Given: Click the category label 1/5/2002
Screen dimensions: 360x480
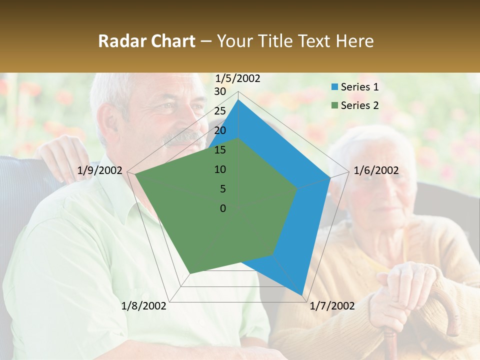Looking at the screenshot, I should click(x=238, y=78).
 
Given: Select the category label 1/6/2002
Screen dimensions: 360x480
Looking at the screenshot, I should click(x=376, y=171).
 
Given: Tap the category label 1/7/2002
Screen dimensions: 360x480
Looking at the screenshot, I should click(x=332, y=306).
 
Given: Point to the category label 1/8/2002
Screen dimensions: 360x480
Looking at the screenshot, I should click(x=144, y=306).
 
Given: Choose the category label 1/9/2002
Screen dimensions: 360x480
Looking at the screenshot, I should click(x=100, y=171).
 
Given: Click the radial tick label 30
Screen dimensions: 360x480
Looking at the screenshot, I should click(x=220, y=91).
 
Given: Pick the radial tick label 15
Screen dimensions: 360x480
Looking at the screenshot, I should click(x=220, y=150).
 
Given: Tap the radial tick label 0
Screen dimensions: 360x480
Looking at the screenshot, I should click(x=223, y=208).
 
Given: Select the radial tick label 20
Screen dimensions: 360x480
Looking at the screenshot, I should click(x=220, y=130).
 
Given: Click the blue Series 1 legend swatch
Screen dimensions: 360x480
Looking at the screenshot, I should click(x=334, y=87).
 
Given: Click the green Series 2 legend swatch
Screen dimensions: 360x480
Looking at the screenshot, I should click(x=334, y=105).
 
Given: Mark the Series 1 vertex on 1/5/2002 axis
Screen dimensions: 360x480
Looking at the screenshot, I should click(x=238, y=99).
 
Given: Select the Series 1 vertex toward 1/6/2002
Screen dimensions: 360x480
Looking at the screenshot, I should click(x=330, y=177).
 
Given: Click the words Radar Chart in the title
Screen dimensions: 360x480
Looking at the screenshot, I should click(x=146, y=41).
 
